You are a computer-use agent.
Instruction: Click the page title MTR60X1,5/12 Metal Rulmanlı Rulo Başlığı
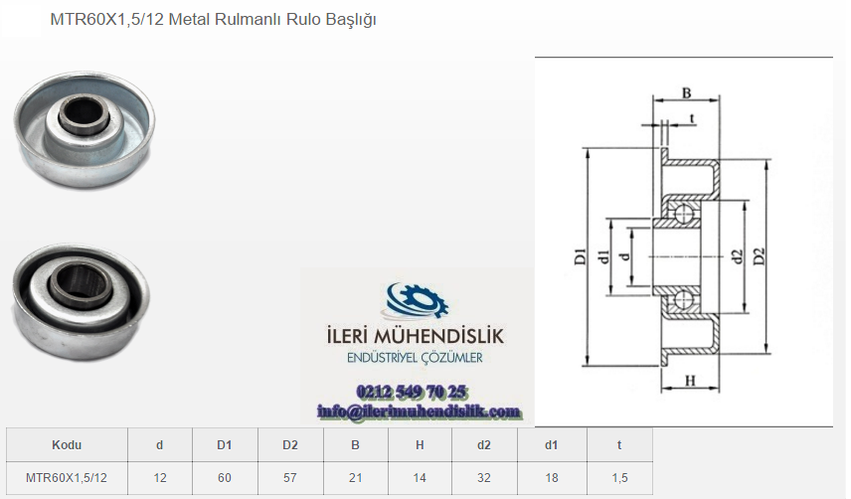point(213,20)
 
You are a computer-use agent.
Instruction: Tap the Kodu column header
point(67,445)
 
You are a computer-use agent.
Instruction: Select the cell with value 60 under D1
point(224,478)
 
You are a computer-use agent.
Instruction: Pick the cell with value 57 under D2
point(290,478)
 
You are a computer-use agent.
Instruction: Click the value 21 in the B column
point(356,478)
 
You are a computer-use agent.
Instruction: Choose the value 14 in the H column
point(420,478)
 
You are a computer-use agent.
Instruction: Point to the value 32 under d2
point(484,478)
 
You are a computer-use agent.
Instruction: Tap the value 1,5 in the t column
point(619,478)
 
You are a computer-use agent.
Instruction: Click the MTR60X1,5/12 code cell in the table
point(67,478)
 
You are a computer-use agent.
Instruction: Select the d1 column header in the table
point(552,445)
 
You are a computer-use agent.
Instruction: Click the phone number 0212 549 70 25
point(412,392)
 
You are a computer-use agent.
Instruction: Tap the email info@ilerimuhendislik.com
point(419,412)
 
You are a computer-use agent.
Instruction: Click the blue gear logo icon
point(417,300)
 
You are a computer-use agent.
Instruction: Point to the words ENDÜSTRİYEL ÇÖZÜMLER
point(415,358)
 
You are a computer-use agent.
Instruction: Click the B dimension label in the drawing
point(687,92)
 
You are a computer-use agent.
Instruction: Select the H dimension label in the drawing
point(690,381)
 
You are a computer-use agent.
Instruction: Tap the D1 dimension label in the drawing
point(581,256)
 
